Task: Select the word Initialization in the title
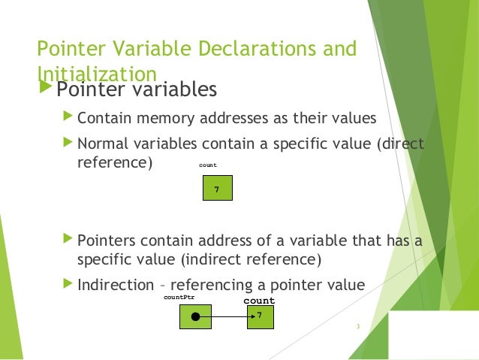coord(96,74)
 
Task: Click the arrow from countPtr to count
coord(229,317)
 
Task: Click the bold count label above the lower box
coord(259,301)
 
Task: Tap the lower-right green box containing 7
coord(261,316)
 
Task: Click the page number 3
coord(358,326)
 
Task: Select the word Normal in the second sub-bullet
coord(102,143)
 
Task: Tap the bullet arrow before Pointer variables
coord(45,90)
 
